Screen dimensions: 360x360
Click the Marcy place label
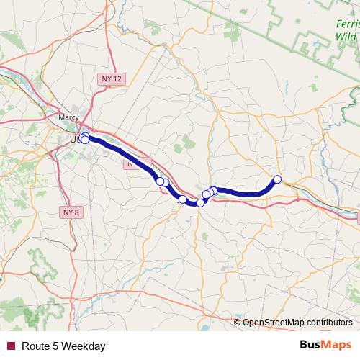click(x=68, y=115)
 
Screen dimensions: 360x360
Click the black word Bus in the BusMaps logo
click(x=310, y=346)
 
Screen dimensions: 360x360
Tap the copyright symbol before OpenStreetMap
click(x=238, y=323)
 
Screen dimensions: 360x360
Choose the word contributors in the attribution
click(x=330, y=323)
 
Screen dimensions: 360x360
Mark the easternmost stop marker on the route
click(x=277, y=179)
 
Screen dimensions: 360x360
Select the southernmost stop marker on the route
click(x=200, y=203)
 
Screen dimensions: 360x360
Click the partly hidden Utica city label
click(x=75, y=139)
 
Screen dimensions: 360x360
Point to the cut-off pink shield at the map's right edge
click(x=356, y=215)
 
